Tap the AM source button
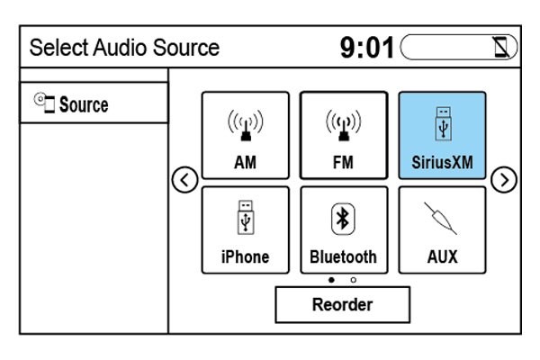[246, 135]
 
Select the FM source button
[344, 135]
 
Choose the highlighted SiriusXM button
[441, 135]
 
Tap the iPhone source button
[246, 229]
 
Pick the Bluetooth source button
[344, 229]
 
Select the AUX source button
[441, 229]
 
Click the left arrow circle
[184, 181]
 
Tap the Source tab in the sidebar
[94, 104]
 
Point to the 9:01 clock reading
[368, 48]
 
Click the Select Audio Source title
[124, 48]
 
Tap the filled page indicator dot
[332, 280]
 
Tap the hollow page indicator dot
[353, 280]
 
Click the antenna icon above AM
[246, 125]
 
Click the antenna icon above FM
[344, 125]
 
